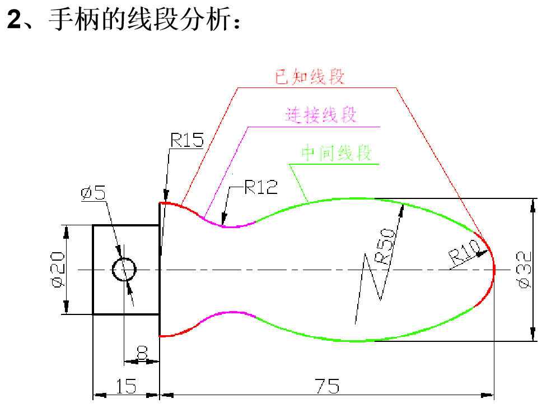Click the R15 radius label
(187, 140)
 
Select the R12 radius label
(261, 187)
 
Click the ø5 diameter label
(93, 193)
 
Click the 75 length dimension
(327, 387)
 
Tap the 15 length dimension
(126, 387)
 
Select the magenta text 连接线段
(320, 115)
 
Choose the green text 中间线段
(336, 153)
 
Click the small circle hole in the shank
(124, 270)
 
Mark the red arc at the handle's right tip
(493, 270)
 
